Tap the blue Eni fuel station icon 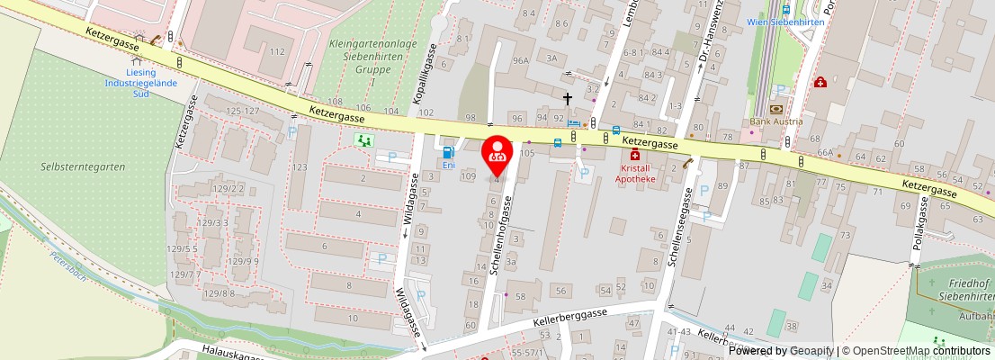pos(447,152)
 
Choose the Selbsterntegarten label pos(84,166)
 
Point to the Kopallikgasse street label pos(426,77)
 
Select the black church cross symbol pos(568,98)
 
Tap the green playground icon pos(364,140)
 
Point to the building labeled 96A pos(520,60)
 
